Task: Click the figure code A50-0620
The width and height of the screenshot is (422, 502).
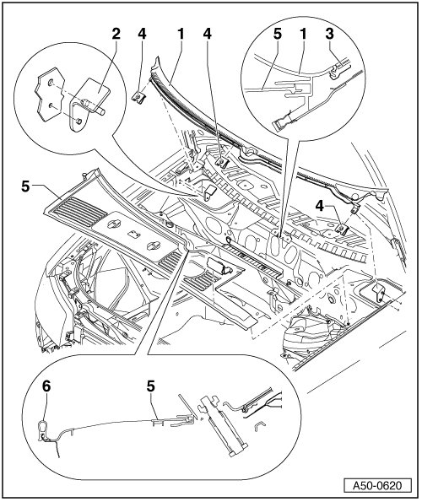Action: (377, 485)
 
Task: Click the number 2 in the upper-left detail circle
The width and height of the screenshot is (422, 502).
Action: (116, 34)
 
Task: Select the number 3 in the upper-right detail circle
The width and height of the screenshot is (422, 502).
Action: (329, 34)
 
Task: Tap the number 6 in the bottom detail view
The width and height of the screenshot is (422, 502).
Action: (46, 386)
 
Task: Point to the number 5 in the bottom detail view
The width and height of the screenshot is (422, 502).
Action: (151, 386)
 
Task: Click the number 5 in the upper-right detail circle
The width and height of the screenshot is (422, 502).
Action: (278, 34)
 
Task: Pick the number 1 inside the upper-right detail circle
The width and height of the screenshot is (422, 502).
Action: (303, 34)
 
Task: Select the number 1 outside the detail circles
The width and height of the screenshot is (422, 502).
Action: (181, 34)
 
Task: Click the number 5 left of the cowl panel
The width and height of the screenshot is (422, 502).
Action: (25, 186)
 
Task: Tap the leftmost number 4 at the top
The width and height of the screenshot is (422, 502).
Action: (142, 34)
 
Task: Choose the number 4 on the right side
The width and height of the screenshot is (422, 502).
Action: (319, 207)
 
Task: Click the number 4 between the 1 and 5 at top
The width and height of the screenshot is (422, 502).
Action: (208, 34)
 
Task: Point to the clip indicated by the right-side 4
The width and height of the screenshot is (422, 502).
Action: (341, 229)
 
